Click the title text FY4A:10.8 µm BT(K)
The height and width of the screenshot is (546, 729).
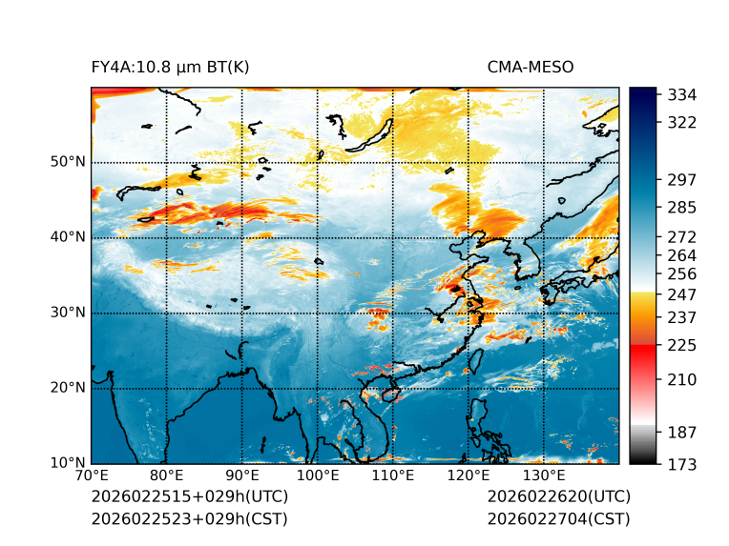171,67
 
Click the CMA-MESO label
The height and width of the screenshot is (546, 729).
531,67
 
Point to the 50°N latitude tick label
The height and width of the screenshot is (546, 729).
68,161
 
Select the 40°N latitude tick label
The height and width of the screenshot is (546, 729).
68,236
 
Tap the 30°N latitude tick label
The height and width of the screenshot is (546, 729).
68,313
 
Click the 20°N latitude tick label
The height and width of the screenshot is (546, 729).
68,388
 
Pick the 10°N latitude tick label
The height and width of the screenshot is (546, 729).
68,463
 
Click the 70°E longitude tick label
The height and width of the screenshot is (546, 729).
92,475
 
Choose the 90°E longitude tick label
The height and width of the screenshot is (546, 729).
242,475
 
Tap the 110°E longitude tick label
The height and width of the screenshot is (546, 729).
393,475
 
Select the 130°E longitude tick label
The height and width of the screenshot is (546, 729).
544,475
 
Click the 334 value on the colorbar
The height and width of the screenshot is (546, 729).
681,94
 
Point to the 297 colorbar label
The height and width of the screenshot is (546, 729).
681,179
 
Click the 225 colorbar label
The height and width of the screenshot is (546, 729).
681,344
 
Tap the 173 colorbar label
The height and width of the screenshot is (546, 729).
681,463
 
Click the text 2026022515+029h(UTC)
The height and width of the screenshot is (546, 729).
189,497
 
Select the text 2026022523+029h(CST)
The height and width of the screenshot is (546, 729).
189,518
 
